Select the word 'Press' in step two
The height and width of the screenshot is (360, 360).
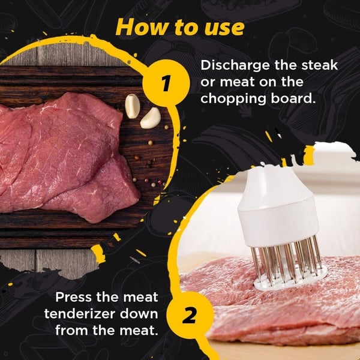point(73,297)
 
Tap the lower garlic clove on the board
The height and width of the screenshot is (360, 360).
point(150,118)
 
